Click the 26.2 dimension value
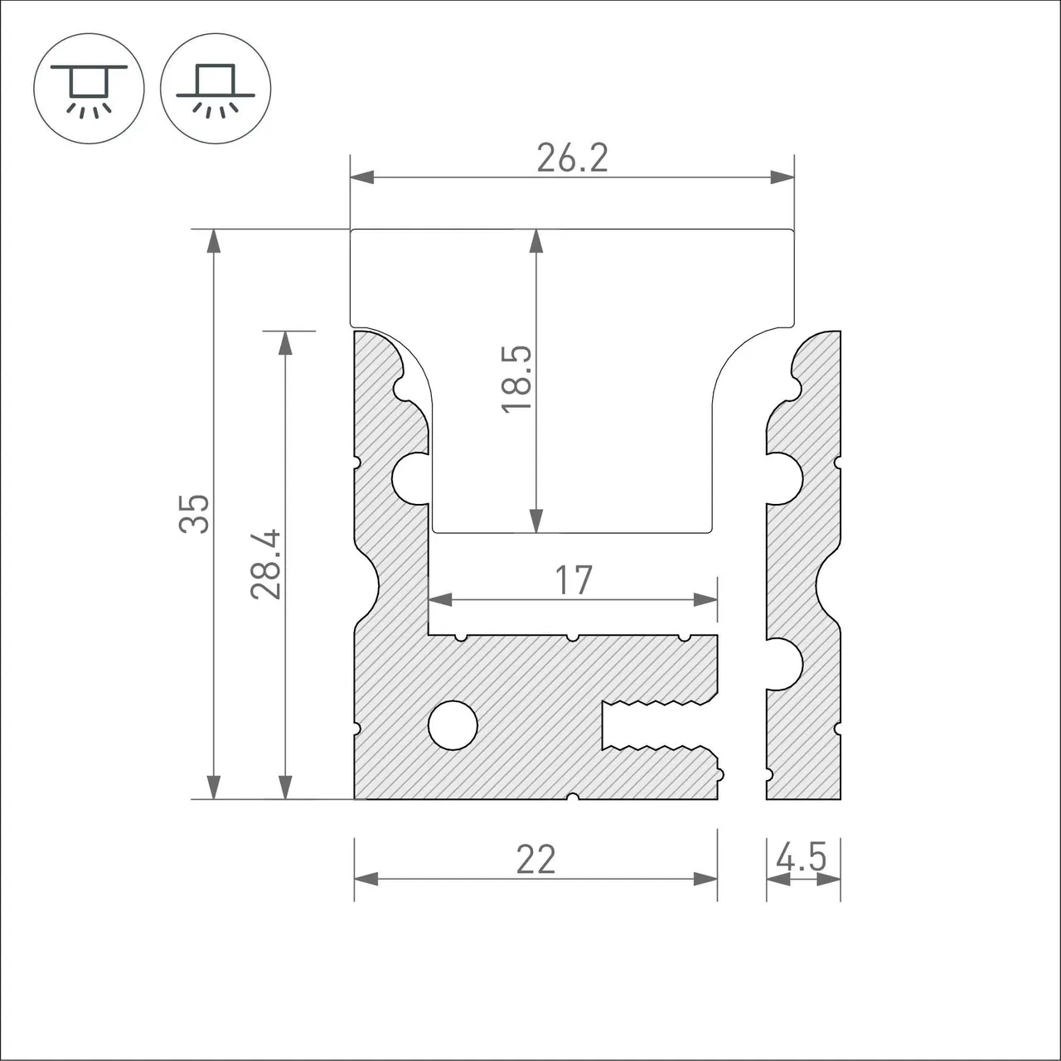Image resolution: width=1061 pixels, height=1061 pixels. click(572, 158)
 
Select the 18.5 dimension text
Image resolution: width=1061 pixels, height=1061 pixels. click(516, 379)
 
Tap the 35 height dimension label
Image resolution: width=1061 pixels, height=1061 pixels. click(194, 514)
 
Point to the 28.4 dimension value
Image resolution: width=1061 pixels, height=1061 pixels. click(265, 564)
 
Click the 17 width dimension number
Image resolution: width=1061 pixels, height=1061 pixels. click(574, 579)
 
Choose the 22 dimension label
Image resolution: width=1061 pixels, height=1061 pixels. click(535, 860)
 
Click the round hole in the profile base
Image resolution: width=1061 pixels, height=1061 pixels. click(453, 725)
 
